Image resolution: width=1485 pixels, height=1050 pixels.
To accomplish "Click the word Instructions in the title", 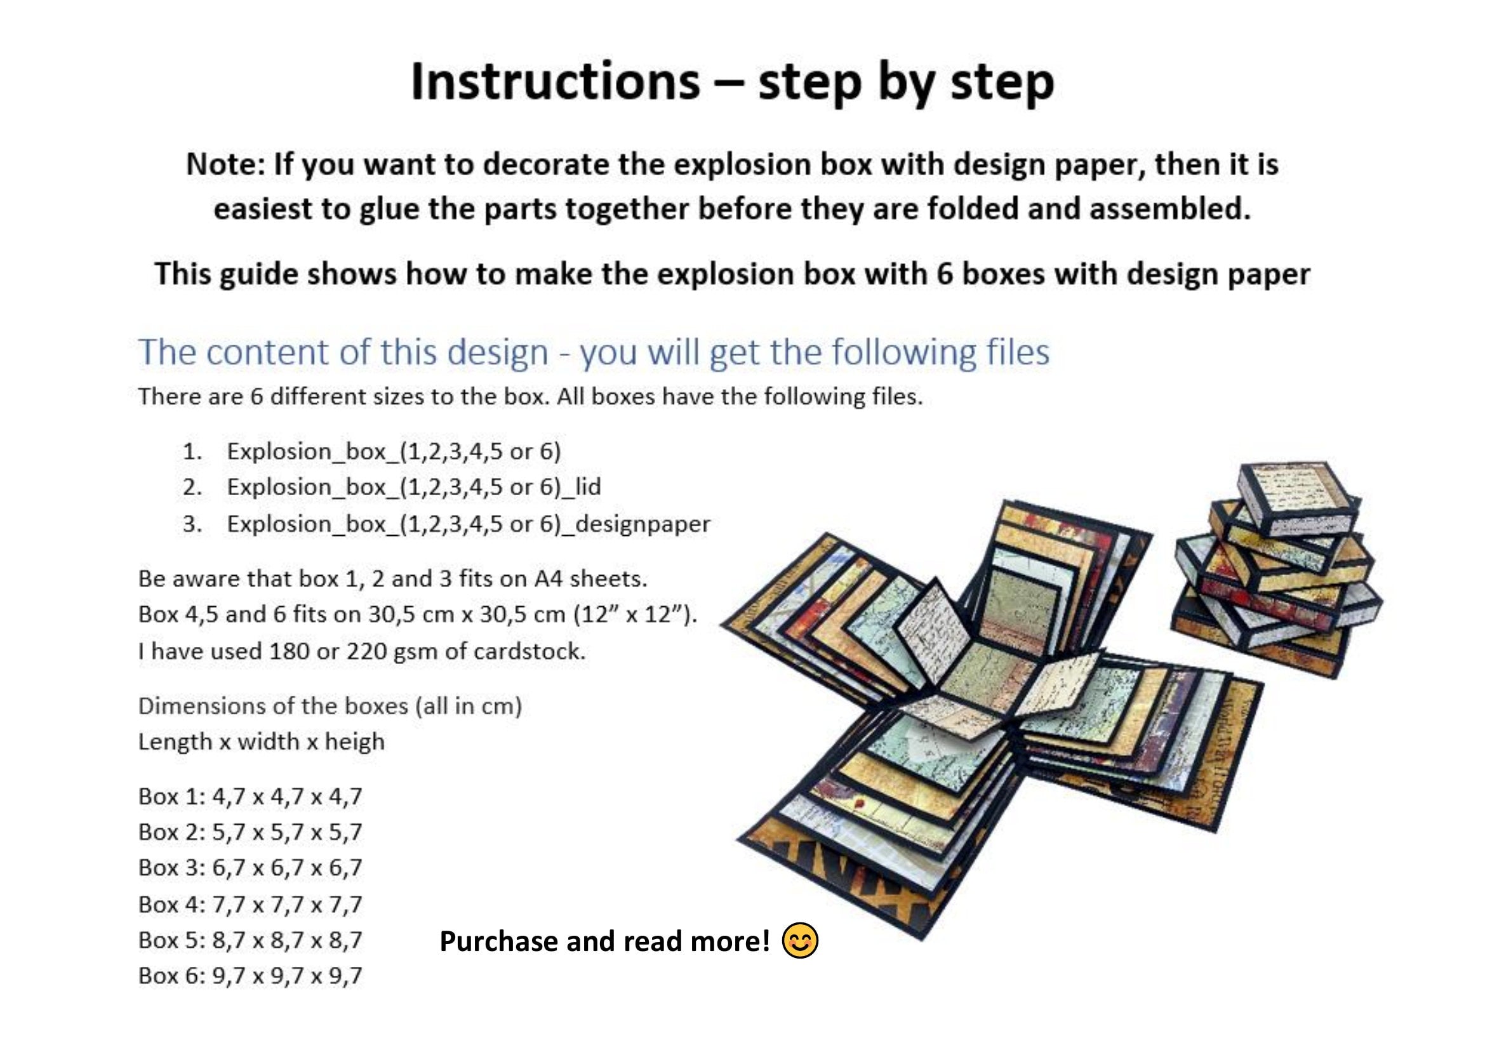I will [x=555, y=82].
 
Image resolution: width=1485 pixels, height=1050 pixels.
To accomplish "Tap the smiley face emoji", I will [x=800, y=940].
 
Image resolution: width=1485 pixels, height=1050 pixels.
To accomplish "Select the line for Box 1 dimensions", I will [x=250, y=796].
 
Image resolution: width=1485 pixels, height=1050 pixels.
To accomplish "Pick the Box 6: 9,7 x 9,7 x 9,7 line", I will [x=250, y=975].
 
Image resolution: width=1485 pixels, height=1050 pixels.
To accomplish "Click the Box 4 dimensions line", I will [x=250, y=904].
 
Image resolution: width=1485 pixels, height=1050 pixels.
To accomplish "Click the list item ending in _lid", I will [x=414, y=487].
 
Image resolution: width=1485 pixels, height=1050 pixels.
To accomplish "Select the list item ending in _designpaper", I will [x=469, y=524].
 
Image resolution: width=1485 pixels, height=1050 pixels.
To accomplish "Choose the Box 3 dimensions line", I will [x=250, y=867].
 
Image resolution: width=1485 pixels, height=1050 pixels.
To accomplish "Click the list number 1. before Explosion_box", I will [x=192, y=451].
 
